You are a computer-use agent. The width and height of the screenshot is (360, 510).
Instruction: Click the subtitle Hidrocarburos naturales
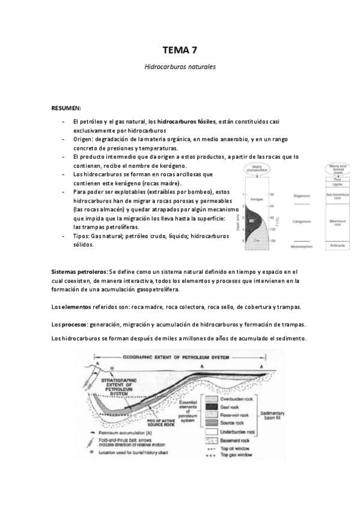[x=180, y=67]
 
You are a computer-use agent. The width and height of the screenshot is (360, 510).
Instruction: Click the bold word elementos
[x=81, y=307]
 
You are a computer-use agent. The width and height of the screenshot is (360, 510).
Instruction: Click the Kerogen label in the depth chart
[x=258, y=197]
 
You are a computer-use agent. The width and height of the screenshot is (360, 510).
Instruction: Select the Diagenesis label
[x=301, y=195]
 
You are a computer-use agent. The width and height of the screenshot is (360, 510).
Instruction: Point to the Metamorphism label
[x=301, y=247]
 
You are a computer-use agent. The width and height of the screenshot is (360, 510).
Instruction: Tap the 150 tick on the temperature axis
[x=272, y=241]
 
